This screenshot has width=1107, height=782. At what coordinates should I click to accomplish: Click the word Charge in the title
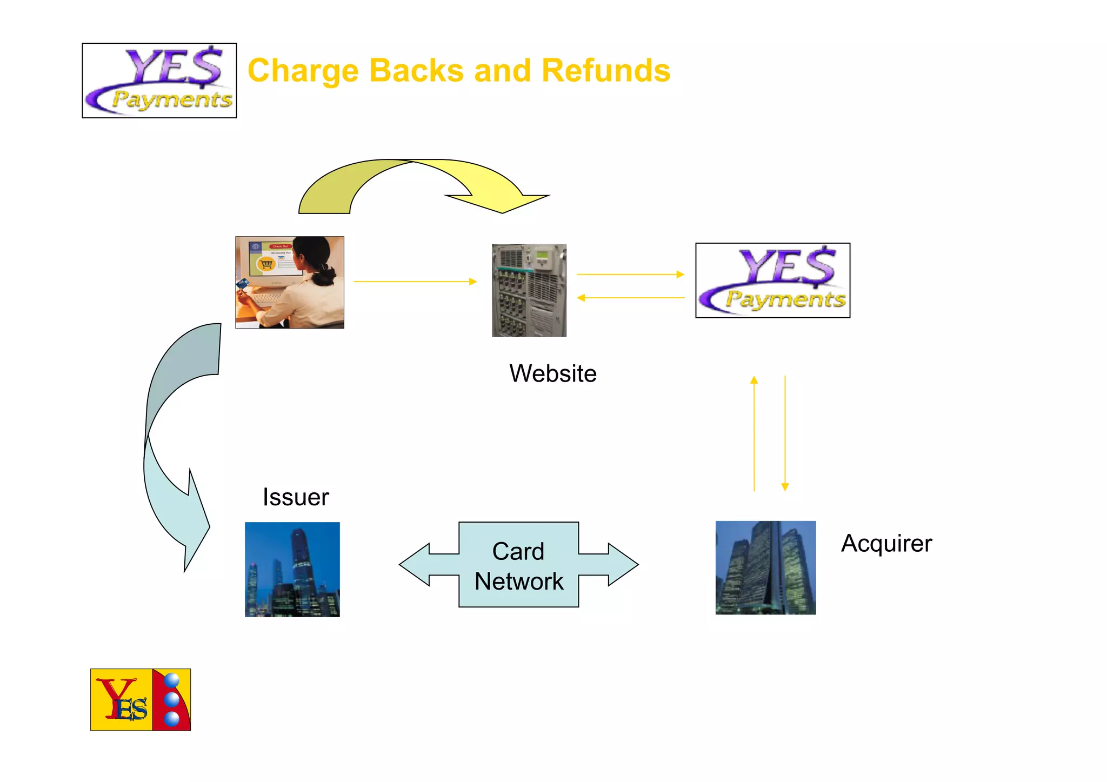pyautogui.click(x=303, y=71)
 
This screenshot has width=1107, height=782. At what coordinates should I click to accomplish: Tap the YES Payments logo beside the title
pyautogui.click(x=159, y=81)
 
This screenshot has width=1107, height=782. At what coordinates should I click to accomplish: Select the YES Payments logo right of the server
pyautogui.click(x=772, y=280)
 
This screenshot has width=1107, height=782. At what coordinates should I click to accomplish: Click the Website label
pyautogui.click(x=552, y=373)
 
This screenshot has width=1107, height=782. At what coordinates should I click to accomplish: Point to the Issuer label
pyautogui.click(x=295, y=497)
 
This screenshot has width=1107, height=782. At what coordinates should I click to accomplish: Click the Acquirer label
pyautogui.click(x=886, y=543)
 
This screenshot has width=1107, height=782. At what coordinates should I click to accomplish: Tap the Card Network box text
pyautogui.click(x=519, y=566)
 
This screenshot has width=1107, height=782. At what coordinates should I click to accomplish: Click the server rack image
pyautogui.click(x=529, y=290)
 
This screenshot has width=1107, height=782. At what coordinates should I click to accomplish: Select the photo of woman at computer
pyautogui.click(x=290, y=282)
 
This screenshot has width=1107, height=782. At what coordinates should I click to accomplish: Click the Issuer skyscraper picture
pyautogui.click(x=292, y=569)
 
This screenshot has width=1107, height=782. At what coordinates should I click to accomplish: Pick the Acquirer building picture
pyautogui.click(x=765, y=567)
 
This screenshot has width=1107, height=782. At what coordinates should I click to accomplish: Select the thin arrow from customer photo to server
pyautogui.click(x=415, y=282)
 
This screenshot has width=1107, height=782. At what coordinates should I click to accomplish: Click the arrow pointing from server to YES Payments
pyautogui.click(x=630, y=275)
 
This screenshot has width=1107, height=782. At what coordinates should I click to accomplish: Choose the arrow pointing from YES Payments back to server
pyautogui.click(x=630, y=298)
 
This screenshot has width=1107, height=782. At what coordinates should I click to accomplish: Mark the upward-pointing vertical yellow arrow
pyautogui.click(x=754, y=432)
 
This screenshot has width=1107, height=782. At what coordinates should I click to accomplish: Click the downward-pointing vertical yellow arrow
pyautogui.click(x=785, y=432)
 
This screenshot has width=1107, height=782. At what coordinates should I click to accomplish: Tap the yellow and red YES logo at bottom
pyautogui.click(x=141, y=699)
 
